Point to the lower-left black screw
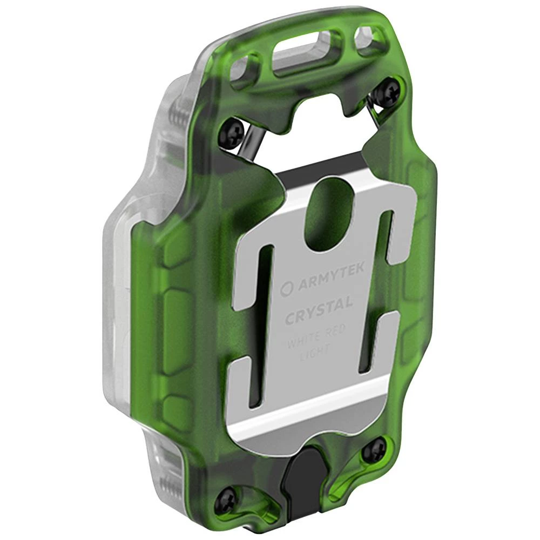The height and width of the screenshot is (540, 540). [x=225, y=501]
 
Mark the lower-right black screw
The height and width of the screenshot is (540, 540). [x=374, y=450]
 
